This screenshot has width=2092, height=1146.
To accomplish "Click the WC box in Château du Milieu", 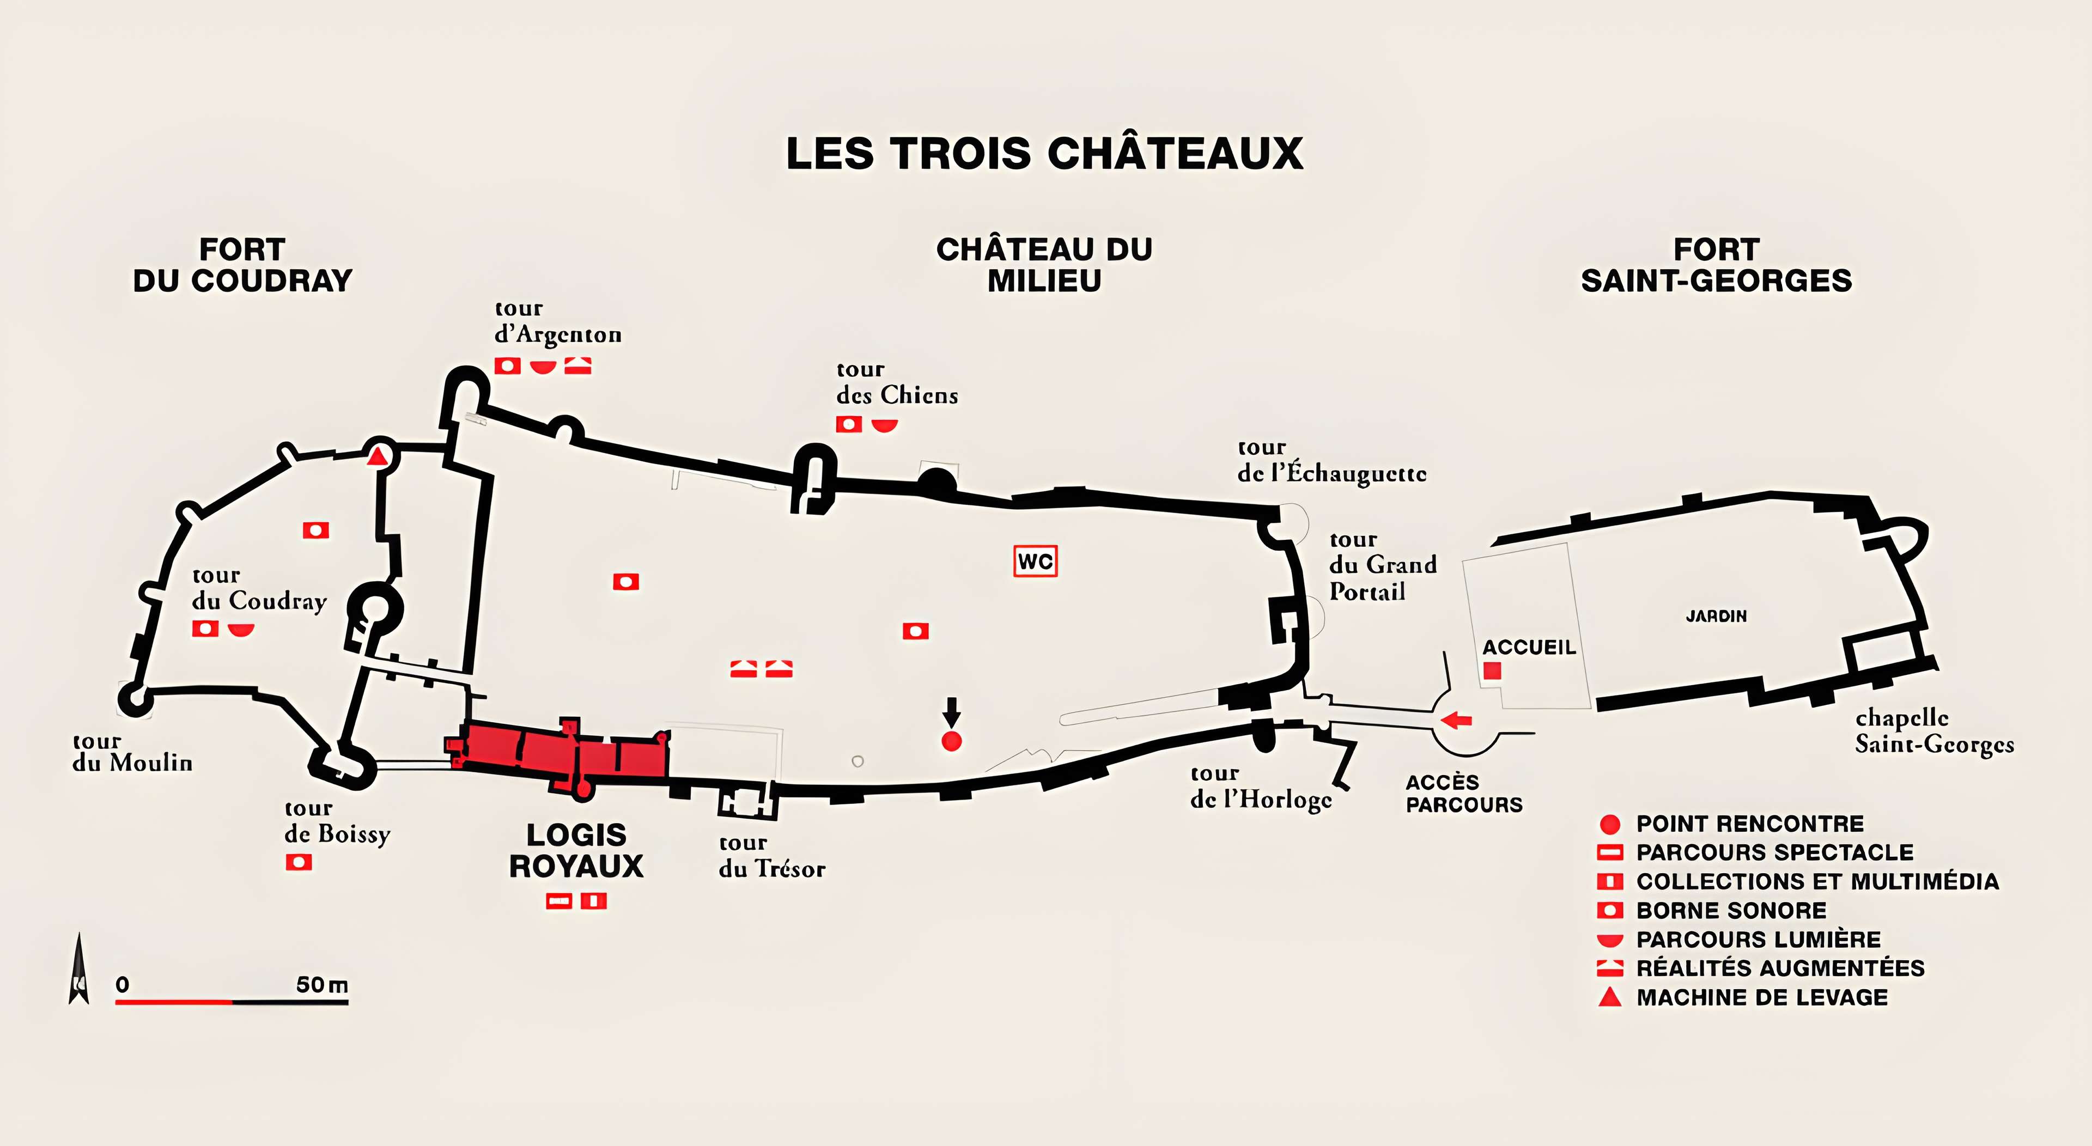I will pyautogui.click(x=1036, y=561).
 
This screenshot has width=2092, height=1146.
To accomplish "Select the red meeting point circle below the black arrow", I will pyautogui.click(x=951, y=741).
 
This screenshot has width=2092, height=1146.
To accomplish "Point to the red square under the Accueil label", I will pyautogui.click(x=1492, y=671).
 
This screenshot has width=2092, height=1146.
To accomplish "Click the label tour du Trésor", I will pyautogui.click(x=771, y=856).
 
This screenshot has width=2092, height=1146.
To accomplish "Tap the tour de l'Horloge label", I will pyautogui.click(x=1261, y=787).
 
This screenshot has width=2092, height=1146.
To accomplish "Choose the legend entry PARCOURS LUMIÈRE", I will pyautogui.click(x=1758, y=940).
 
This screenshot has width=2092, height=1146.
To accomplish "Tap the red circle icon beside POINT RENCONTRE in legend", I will pyautogui.click(x=1610, y=825).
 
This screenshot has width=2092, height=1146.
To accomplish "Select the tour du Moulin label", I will pyautogui.click(x=132, y=752).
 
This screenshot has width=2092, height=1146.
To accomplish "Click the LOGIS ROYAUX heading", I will pyautogui.click(x=576, y=850).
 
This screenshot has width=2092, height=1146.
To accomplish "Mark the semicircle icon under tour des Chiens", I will pyautogui.click(x=884, y=425).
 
